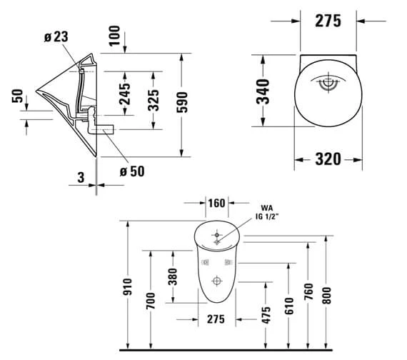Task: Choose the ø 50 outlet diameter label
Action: coord(133,171)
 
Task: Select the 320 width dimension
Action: coord(327,159)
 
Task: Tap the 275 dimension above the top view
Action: coord(327,21)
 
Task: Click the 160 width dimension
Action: coord(216,204)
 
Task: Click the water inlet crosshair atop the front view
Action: coord(216,233)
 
